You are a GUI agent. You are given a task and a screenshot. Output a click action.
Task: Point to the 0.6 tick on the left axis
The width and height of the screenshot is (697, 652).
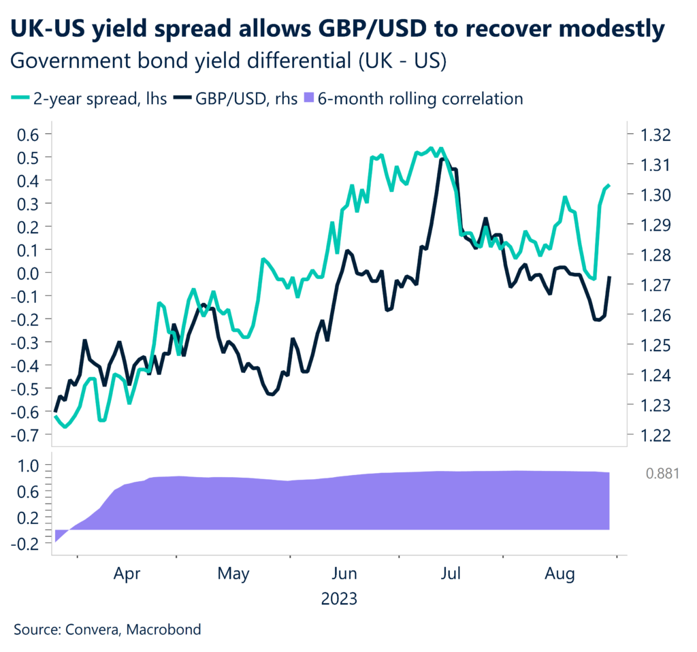[x=29, y=134]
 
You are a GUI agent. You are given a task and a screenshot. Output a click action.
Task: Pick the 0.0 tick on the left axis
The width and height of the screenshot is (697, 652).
[x=29, y=273]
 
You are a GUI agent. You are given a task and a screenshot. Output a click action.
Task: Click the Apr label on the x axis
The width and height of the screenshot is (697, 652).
[x=127, y=574]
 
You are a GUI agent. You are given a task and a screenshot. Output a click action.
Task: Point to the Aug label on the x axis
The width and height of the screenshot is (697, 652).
[x=561, y=574]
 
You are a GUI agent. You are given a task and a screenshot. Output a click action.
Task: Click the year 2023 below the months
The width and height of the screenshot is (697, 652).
[x=339, y=600]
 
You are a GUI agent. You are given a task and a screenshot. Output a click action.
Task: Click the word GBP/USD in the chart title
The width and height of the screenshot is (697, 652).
[x=348, y=29]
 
